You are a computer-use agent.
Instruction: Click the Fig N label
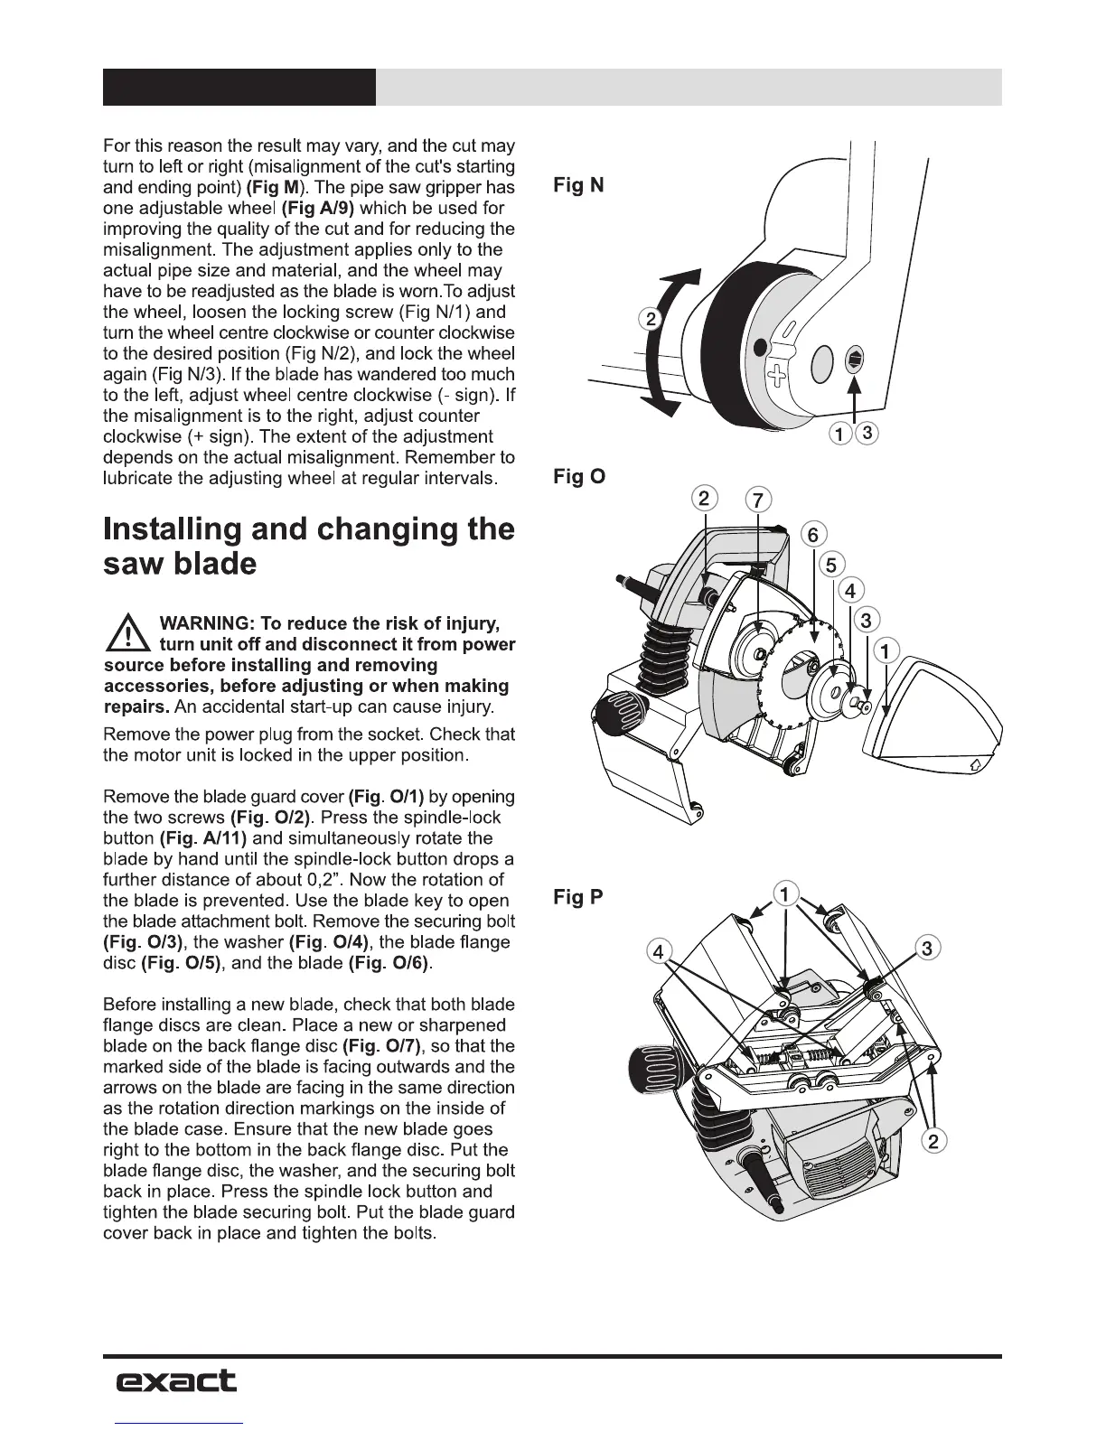coord(578,185)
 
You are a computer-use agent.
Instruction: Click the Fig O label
coord(578,476)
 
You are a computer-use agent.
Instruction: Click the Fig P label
coord(578,897)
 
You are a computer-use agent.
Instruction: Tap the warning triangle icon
coord(128,632)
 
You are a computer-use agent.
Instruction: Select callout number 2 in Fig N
coord(650,318)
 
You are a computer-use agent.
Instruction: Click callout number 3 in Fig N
coord(867,434)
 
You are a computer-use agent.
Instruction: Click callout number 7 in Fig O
coord(757,500)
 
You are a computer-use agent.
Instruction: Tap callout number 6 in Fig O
coord(812,535)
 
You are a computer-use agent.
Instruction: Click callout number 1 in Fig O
coord(887,650)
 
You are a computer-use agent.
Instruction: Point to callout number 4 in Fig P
coord(660,951)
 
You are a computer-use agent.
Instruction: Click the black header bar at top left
coord(239,87)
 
